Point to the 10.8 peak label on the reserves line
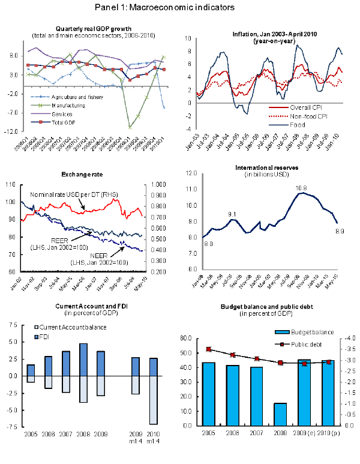(x=302, y=188)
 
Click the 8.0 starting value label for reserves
(x=208, y=243)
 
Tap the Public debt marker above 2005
(x=208, y=349)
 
